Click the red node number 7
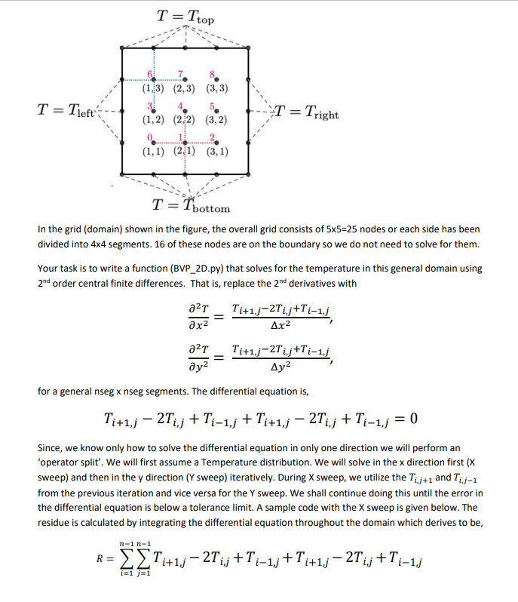pos(181,73)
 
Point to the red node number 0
pos(150,137)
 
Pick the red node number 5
pos(216,106)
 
